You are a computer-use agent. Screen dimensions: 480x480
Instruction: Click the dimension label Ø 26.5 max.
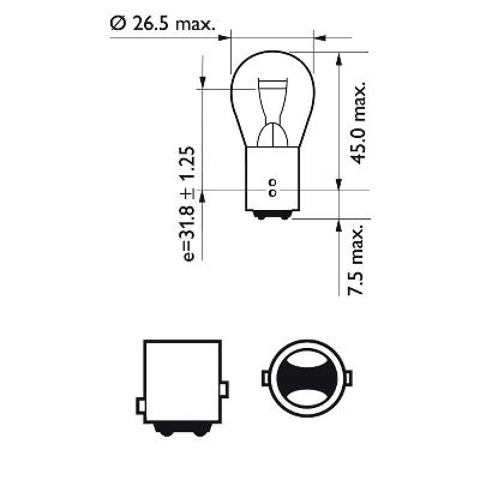click(x=162, y=24)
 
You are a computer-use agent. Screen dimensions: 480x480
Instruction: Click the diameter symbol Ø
click(x=118, y=24)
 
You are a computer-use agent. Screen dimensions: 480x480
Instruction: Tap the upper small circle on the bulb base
click(x=272, y=182)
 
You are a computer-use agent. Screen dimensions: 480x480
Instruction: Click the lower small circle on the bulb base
click(x=272, y=193)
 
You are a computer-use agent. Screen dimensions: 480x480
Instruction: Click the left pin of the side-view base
click(x=140, y=406)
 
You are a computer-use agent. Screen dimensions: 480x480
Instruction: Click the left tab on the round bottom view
click(x=265, y=379)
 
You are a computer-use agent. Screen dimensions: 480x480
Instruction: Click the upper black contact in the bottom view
click(x=307, y=364)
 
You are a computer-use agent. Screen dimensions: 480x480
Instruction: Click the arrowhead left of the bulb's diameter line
click(x=224, y=38)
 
